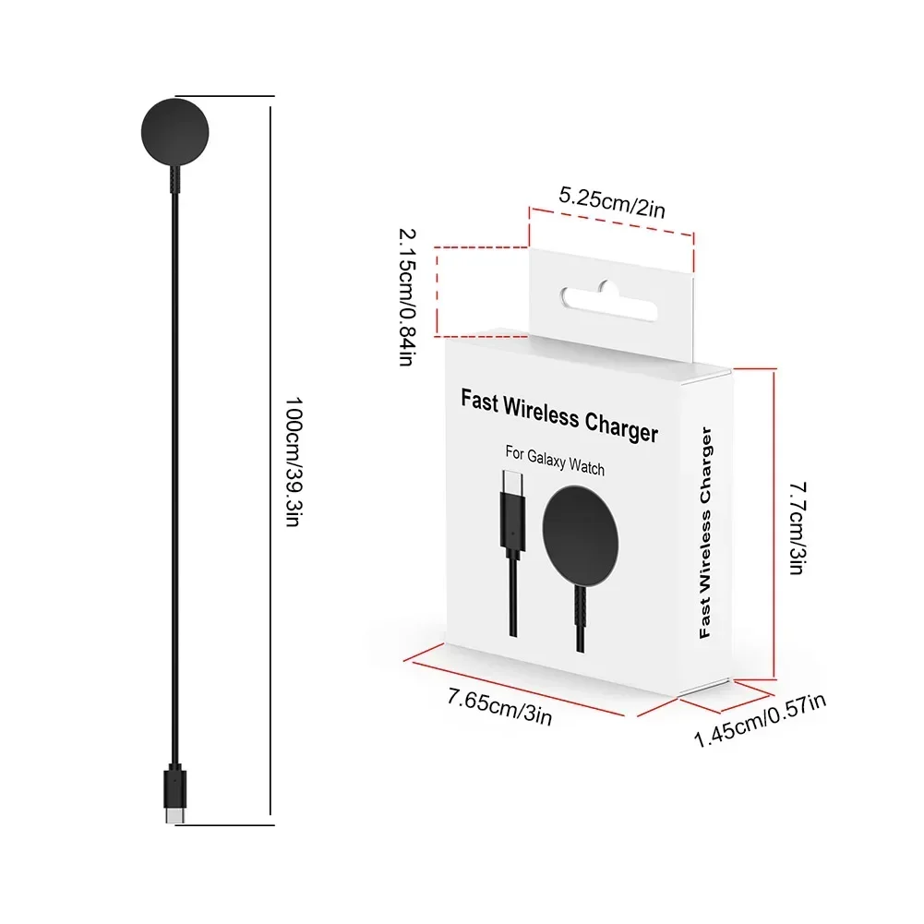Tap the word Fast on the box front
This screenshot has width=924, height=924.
tap(481, 401)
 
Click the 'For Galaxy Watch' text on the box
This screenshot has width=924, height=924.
tap(554, 461)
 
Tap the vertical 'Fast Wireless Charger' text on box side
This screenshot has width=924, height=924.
tap(706, 534)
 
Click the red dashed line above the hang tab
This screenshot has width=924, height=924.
tap(610, 222)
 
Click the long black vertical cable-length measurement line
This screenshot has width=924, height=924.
tap(270, 462)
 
